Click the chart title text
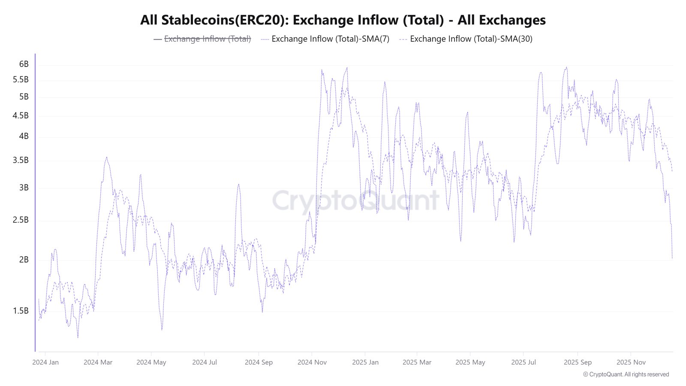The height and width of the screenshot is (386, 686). pos(343,20)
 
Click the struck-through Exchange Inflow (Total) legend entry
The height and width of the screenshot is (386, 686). pos(207,39)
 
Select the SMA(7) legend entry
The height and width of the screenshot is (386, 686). pos(330,39)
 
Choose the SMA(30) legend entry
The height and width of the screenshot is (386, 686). pos(471,39)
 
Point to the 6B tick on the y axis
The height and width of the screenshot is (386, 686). pos(24,64)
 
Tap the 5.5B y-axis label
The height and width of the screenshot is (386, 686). pos(21,80)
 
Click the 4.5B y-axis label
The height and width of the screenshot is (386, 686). pos(21,116)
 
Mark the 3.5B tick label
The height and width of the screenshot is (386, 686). pos(21,160)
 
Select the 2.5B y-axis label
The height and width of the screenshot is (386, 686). pos(21,220)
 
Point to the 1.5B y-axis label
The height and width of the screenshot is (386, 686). pos(21,311)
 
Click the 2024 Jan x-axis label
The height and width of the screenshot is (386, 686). pos(45,362)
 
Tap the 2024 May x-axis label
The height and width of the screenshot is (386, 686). pos(151,362)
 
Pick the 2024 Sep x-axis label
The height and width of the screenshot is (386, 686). pos(259,362)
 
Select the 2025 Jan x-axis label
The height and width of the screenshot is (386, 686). pos(365,362)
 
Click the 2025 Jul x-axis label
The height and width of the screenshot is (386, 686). pos(524,362)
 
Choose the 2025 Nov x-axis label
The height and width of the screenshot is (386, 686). pos(631,362)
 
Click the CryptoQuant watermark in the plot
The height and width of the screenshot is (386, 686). pos(355,200)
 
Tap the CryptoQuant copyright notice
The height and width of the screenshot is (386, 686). pos(626,374)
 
